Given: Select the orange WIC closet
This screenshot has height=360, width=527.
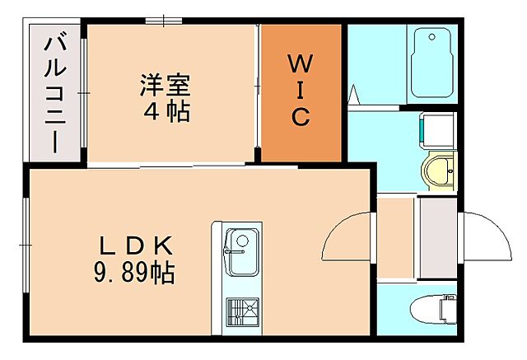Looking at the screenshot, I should click(x=301, y=92).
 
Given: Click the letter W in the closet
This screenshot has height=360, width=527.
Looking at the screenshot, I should click(x=301, y=63).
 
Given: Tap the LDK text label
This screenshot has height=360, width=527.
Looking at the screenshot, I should click(x=137, y=246).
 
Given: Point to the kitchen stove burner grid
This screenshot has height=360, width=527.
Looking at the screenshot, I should click(x=242, y=311).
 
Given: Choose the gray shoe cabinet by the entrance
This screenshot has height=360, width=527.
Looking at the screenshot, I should click(x=438, y=237).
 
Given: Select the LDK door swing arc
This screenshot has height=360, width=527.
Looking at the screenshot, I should click(x=350, y=239).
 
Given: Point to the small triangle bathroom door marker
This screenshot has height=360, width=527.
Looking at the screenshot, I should click(x=355, y=96).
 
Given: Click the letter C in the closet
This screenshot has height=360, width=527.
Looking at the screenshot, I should click(x=301, y=118).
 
